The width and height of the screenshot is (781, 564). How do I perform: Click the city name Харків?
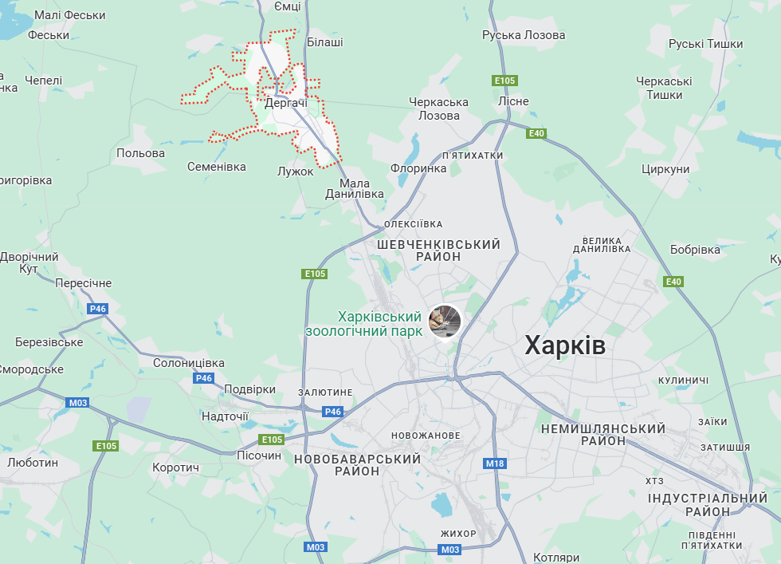565,345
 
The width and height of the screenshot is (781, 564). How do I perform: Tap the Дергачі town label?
286,104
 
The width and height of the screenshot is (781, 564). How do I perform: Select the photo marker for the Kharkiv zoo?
445,321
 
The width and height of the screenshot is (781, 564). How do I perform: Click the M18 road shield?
494,463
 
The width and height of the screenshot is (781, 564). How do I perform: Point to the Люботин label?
33,462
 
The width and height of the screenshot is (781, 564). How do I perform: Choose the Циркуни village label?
665,169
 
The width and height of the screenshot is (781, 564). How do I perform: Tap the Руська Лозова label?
524,35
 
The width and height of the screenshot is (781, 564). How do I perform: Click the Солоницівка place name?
189,363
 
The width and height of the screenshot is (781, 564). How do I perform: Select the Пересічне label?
84,283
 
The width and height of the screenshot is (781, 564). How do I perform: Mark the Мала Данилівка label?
355,188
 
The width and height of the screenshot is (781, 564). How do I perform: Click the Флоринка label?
418,168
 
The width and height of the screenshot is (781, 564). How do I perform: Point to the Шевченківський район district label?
438,250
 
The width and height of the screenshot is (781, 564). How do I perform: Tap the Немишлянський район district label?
602,435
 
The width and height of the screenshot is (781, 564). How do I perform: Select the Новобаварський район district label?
357,465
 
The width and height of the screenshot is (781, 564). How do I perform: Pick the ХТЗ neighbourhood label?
654,481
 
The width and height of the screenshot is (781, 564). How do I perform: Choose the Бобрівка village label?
695,250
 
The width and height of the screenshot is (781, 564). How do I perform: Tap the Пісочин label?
259,456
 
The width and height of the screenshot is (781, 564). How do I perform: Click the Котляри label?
556,558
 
